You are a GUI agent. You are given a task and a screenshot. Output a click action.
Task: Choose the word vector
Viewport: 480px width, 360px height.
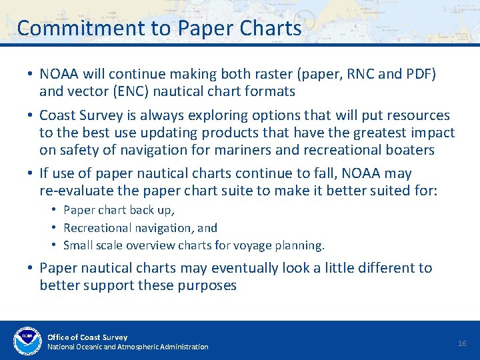click(x=89, y=91)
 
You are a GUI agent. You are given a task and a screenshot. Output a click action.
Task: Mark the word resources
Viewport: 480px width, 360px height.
click(x=419, y=115)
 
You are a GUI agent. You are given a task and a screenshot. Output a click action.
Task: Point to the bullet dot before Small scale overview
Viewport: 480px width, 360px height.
click(x=55, y=245)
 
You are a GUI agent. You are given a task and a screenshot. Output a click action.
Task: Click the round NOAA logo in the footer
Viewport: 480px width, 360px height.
click(x=27, y=340)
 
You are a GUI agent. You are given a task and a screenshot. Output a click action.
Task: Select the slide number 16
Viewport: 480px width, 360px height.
click(x=462, y=343)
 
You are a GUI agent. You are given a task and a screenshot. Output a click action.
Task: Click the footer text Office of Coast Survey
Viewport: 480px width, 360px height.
click(x=87, y=337)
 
